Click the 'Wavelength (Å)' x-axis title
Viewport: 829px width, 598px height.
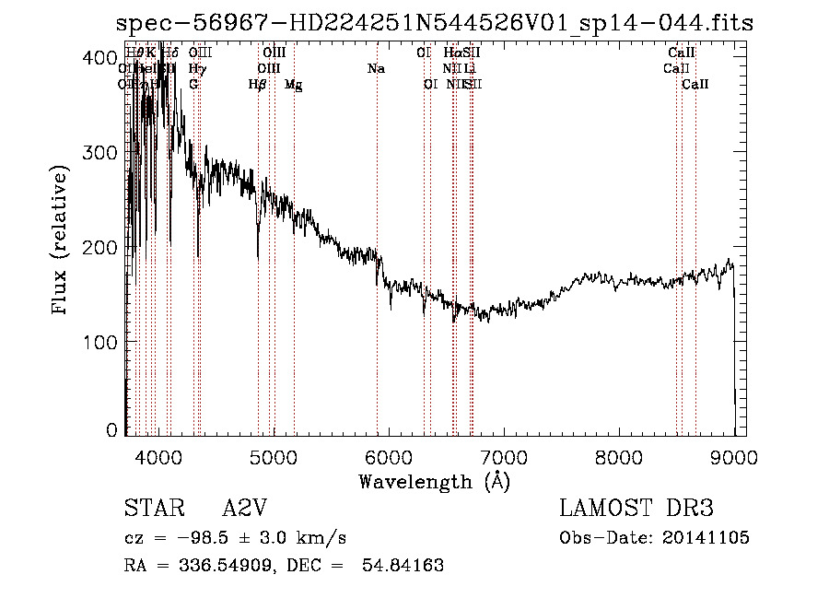pos(434,481)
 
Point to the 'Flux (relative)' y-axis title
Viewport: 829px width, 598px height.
pos(61,241)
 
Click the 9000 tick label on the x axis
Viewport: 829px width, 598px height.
pos(733,456)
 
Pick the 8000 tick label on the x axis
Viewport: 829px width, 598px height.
pos(618,456)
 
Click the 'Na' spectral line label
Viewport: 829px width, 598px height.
pos(376,69)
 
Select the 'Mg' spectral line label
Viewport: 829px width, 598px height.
pos(293,85)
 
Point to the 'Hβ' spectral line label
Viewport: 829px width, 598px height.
pos(258,85)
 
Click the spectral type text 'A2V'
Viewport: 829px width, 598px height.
pos(247,509)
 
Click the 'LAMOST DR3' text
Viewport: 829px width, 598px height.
pos(636,509)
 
